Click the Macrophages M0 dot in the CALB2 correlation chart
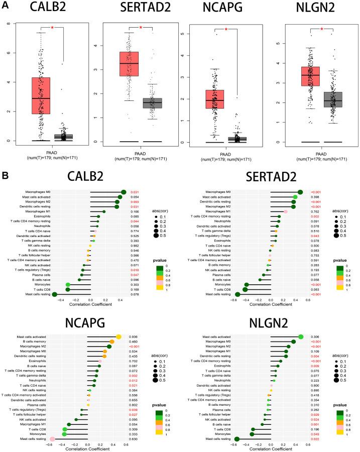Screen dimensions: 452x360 click(124, 192)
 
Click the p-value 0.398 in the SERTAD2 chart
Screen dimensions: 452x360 click(316, 197)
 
